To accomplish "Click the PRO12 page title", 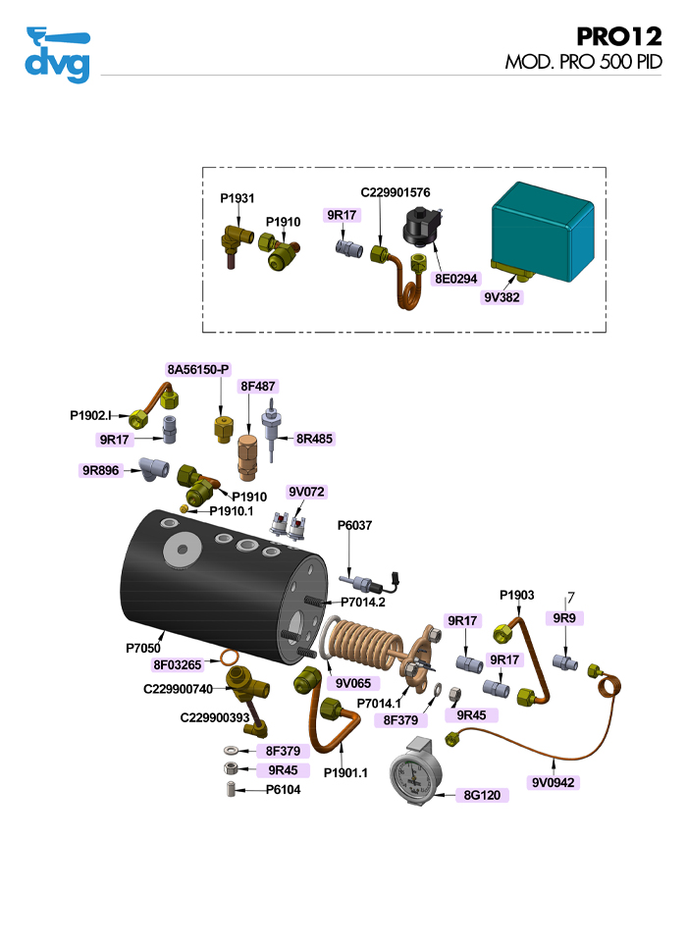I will point(618,37).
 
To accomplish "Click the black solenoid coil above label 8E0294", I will point(421,234).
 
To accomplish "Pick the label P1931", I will point(237,198).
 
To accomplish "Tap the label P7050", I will point(143,648).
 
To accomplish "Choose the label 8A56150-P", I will point(198,369).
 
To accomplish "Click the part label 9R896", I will point(101,470).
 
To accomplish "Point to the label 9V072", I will point(306,491).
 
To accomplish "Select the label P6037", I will point(355,525).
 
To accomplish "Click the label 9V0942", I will point(555,782).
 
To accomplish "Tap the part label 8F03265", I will point(178,665).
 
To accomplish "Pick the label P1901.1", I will point(345,772).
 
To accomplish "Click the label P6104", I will point(284,789).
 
